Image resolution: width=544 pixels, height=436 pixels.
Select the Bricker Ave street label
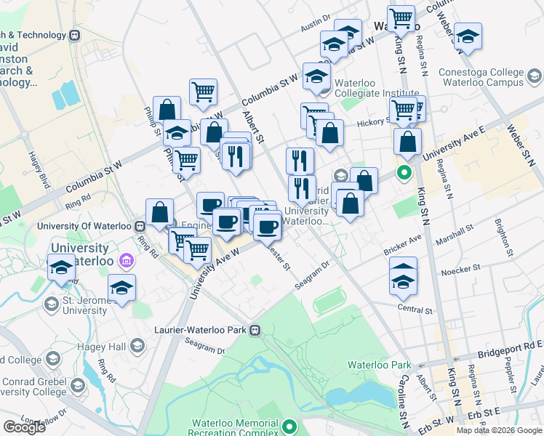[402, 239]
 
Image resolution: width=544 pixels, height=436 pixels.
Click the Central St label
[416, 309]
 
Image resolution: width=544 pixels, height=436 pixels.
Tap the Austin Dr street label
[315, 24]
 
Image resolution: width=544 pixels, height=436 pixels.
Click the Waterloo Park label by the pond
[379, 365]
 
